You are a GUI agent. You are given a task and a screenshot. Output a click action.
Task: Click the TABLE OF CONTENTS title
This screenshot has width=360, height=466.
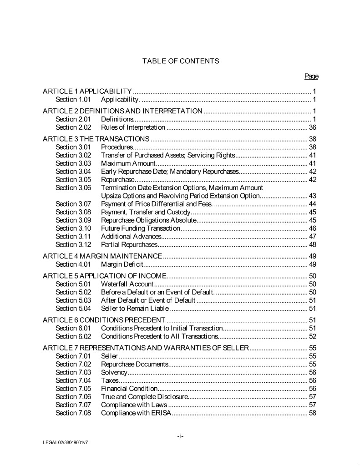(181, 61)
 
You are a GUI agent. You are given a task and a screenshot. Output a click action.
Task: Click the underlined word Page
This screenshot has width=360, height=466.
(311, 76)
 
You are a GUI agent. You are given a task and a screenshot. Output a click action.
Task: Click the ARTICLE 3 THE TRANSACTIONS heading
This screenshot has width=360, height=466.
(96, 139)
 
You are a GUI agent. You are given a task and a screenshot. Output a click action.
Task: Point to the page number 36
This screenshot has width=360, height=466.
(312, 127)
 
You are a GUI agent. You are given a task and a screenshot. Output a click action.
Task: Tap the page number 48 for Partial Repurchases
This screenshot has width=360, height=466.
(312, 244)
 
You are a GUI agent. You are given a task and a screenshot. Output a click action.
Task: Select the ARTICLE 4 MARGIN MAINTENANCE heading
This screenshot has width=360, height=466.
(102, 256)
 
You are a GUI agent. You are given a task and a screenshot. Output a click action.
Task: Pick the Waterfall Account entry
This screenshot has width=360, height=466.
(127, 284)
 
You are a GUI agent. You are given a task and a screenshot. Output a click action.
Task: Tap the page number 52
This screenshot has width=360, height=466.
(312, 336)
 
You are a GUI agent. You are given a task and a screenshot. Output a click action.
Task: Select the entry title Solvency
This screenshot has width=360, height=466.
(114, 372)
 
